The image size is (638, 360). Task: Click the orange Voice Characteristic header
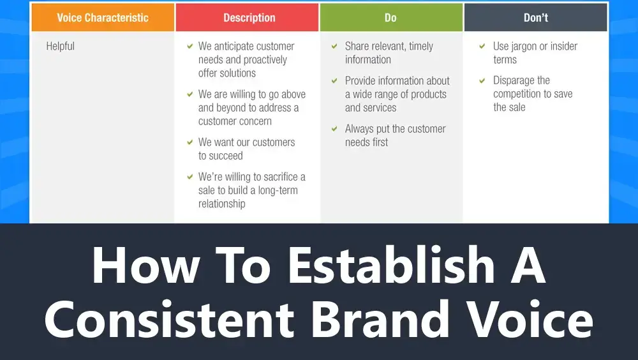(x=103, y=17)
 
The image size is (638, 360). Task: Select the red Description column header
(x=248, y=17)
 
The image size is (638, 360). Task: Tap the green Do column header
(x=391, y=17)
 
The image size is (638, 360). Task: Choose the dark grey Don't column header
(x=535, y=17)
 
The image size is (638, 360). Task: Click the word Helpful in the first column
(x=60, y=46)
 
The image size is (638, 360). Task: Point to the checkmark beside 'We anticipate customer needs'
(x=189, y=46)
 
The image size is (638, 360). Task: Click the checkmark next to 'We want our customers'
(x=189, y=142)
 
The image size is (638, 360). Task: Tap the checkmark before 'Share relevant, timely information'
(x=334, y=46)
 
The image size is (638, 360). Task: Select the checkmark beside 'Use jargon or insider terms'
(x=482, y=46)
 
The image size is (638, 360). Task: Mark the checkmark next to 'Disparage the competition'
(x=482, y=80)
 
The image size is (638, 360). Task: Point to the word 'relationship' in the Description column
(x=222, y=204)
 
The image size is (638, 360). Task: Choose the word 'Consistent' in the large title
(x=169, y=319)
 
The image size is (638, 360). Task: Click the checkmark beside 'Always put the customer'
(x=334, y=129)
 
